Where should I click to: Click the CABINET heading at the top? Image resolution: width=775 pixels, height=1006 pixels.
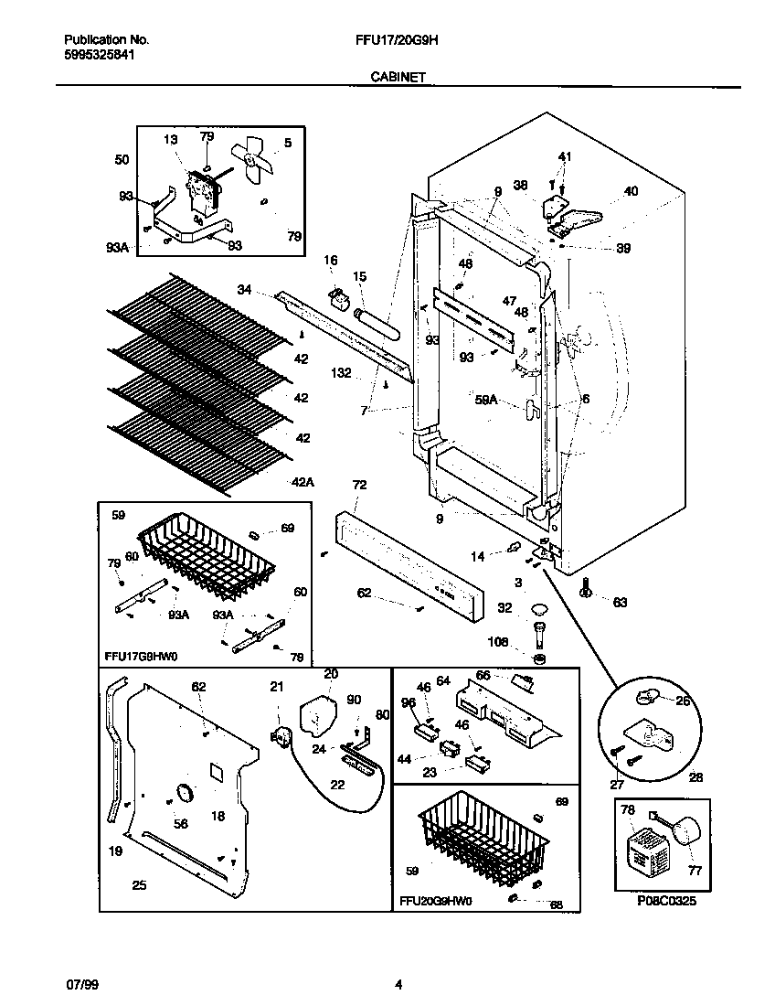pyautogui.click(x=397, y=79)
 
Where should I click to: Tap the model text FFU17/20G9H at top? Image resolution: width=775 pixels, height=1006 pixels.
pyautogui.click(x=398, y=40)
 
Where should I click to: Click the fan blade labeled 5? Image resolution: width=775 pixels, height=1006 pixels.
pyautogui.click(x=251, y=162)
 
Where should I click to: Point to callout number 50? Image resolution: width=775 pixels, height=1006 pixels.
pyautogui.click(x=122, y=160)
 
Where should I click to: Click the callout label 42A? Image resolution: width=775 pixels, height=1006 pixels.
pyautogui.click(x=303, y=482)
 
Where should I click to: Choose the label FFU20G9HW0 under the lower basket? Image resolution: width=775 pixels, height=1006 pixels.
pyautogui.click(x=435, y=901)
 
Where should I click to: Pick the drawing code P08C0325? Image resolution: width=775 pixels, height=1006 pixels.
pyautogui.click(x=666, y=901)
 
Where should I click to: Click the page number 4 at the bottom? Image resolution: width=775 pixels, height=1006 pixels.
pyautogui.click(x=398, y=985)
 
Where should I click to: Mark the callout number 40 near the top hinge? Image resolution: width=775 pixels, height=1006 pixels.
pyautogui.click(x=632, y=191)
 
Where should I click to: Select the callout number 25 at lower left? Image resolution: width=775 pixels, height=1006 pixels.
pyautogui.click(x=139, y=884)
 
